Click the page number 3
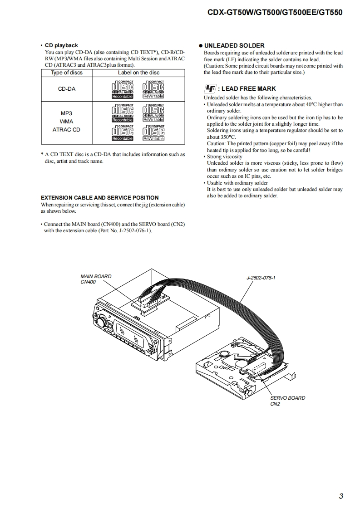tap(341, 496)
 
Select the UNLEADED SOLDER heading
tap(234, 46)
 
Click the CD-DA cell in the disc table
tap(67, 89)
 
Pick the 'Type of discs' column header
tap(67, 73)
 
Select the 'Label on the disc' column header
tap(138, 73)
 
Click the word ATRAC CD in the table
tap(67, 130)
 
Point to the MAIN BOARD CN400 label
tap(95, 279)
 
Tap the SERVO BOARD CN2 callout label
tap(287, 401)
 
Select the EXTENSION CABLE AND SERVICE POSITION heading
tap(100, 198)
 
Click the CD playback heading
tap(61, 45)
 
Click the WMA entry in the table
tap(67, 122)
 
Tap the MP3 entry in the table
tap(67, 113)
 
